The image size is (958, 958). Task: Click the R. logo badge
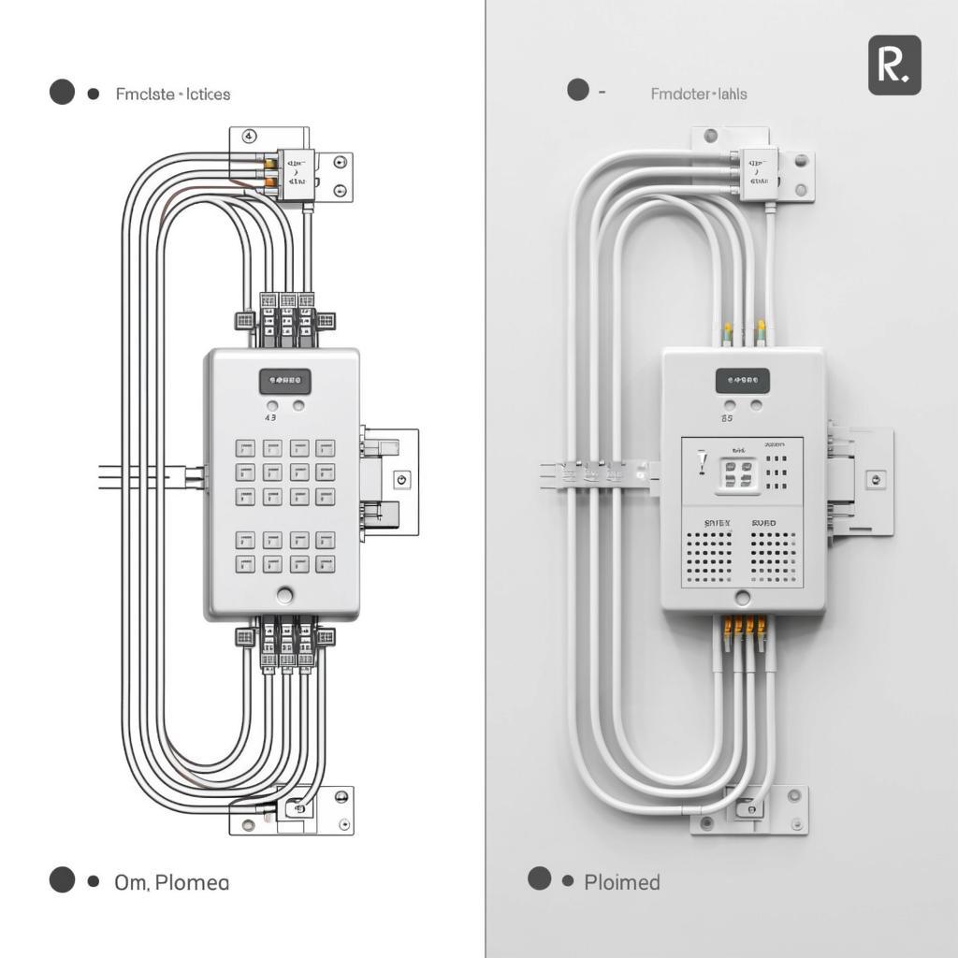point(894,65)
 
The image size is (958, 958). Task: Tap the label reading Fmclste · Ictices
point(173,94)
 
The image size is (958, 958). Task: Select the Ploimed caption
point(622,882)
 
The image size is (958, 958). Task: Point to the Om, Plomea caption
point(171,882)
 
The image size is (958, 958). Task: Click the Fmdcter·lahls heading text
point(699,94)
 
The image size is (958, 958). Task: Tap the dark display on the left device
point(285,381)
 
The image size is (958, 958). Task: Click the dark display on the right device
point(743,381)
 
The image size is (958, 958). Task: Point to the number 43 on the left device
point(271,418)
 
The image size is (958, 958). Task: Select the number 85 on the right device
point(727,419)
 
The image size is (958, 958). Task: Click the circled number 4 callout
point(249,136)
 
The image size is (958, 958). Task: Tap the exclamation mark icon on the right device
point(702,463)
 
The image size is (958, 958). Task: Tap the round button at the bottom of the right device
point(743,597)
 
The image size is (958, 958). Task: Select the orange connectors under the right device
point(745,625)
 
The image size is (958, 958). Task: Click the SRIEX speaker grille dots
point(707,558)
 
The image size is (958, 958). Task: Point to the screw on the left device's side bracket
point(403,479)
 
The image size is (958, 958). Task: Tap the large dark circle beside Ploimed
point(539,878)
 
